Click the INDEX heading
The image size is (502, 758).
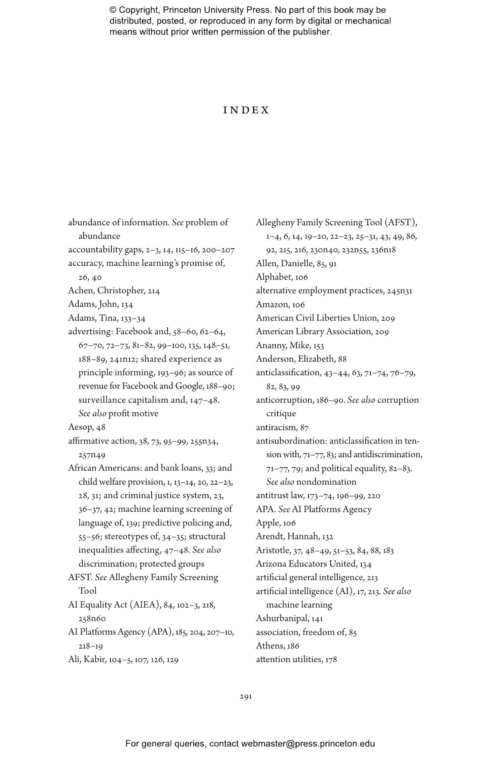(x=246, y=110)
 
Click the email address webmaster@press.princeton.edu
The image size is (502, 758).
(x=308, y=744)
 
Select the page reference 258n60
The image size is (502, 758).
(x=92, y=618)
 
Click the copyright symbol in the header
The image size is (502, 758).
(x=112, y=10)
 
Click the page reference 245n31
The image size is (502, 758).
(x=399, y=290)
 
